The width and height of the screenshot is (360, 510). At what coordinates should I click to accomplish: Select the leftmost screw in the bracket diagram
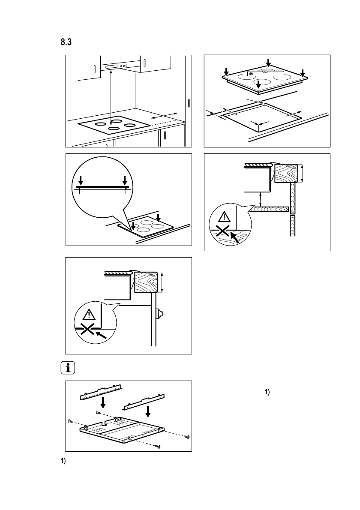point(70,422)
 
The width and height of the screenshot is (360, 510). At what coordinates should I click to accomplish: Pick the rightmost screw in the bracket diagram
point(187,437)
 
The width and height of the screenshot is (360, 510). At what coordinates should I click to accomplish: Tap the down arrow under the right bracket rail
point(148,411)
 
